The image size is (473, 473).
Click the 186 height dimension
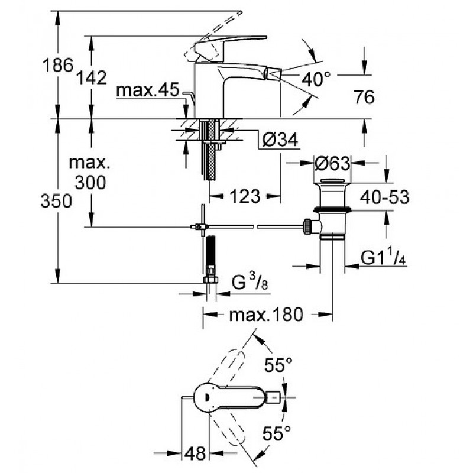tap(58, 65)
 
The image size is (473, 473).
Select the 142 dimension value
tap(92, 78)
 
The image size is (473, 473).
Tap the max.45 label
tap(148, 90)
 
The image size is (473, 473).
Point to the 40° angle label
tap(316, 79)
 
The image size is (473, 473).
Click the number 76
tap(364, 97)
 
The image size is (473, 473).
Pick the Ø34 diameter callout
tap(280, 140)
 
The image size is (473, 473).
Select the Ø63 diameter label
tap(332, 163)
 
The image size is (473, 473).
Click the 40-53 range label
tap(385, 197)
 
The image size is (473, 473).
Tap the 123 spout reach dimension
tap(245, 196)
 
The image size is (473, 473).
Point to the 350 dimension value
tap(56, 201)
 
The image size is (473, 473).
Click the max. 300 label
tap(90, 173)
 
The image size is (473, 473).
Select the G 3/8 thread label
tap(250, 282)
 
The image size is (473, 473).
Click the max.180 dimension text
tap(265, 315)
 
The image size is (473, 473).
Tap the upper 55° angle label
tap(278, 365)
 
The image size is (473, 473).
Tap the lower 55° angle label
tap(276, 433)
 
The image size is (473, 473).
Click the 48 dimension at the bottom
tap(195, 453)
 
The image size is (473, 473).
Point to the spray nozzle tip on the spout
tap(273, 73)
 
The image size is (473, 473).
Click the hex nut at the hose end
tap(210, 280)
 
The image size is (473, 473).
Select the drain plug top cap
tap(332, 182)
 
